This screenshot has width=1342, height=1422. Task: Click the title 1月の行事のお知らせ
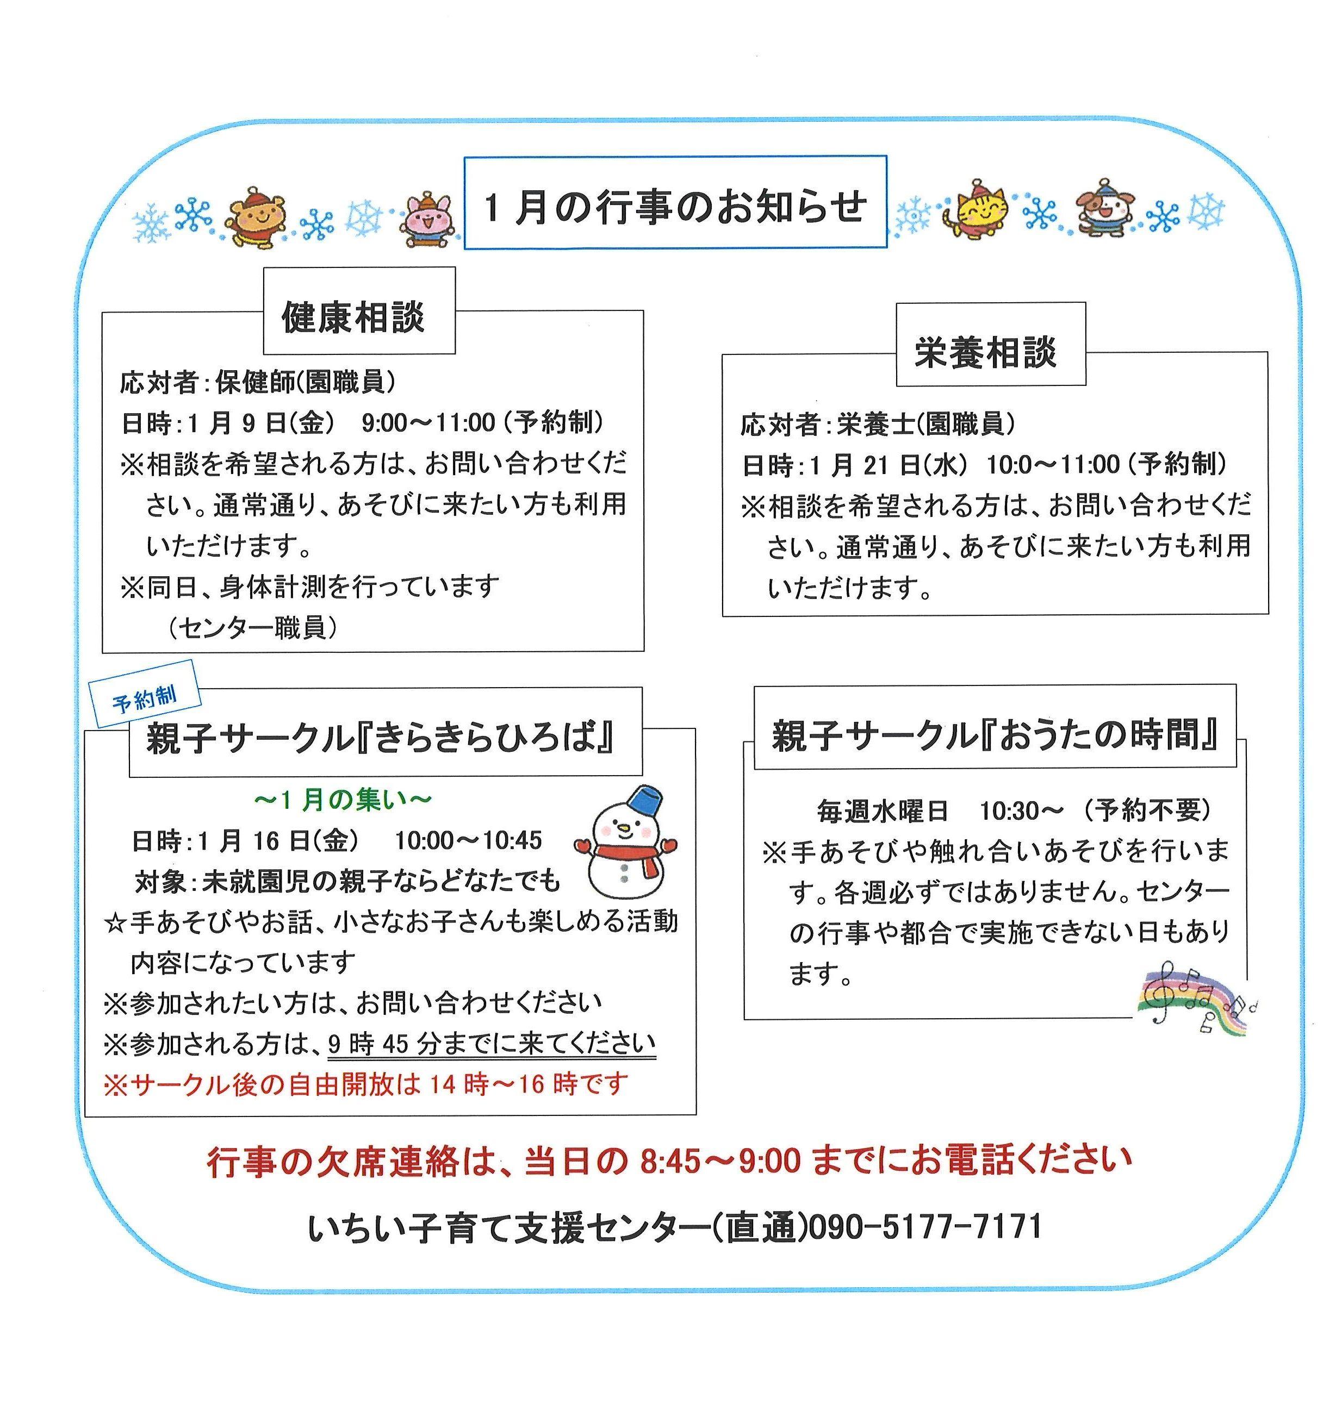pyautogui.click(x=675, y=207)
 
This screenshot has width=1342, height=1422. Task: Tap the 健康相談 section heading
pyautogui.click(x=353, y=317)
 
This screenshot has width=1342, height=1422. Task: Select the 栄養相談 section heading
pyautogui.click(x=985, y=352)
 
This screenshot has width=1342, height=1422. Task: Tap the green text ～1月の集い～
pyautogui.click(x=343, y=800)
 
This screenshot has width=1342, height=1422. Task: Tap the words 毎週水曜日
pyautogui.click(x=882, y=810)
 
